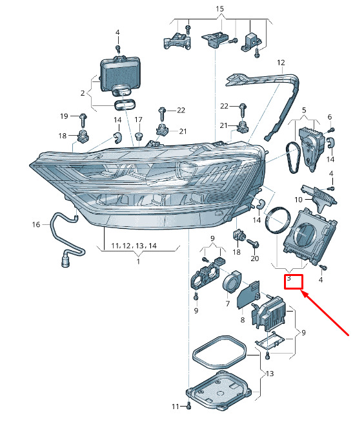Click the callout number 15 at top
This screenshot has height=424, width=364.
coord(219,9)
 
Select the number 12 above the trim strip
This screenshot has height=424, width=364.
coord(281,63)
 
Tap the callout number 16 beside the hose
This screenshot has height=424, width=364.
coord(36,224)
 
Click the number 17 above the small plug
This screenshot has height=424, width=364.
coord(138,120)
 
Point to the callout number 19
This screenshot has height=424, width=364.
coord(64,116)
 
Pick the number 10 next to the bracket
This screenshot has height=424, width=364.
coord(298,200)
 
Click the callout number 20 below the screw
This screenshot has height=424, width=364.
coord(255,259)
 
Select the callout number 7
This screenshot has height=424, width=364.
coord(227,304)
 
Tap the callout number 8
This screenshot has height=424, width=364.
coord(242,320)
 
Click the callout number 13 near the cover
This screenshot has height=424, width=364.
coord(270,374)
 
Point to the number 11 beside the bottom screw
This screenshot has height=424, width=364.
coord(176,407)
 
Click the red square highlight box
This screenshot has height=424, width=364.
coord(294,282)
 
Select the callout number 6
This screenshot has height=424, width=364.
coord(330,117)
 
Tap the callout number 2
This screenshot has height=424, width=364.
coord(83,93)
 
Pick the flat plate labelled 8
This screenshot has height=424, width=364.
coord(248,295)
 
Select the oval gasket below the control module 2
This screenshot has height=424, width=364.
coord(126,105)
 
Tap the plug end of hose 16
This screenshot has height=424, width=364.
coord(66,261)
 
